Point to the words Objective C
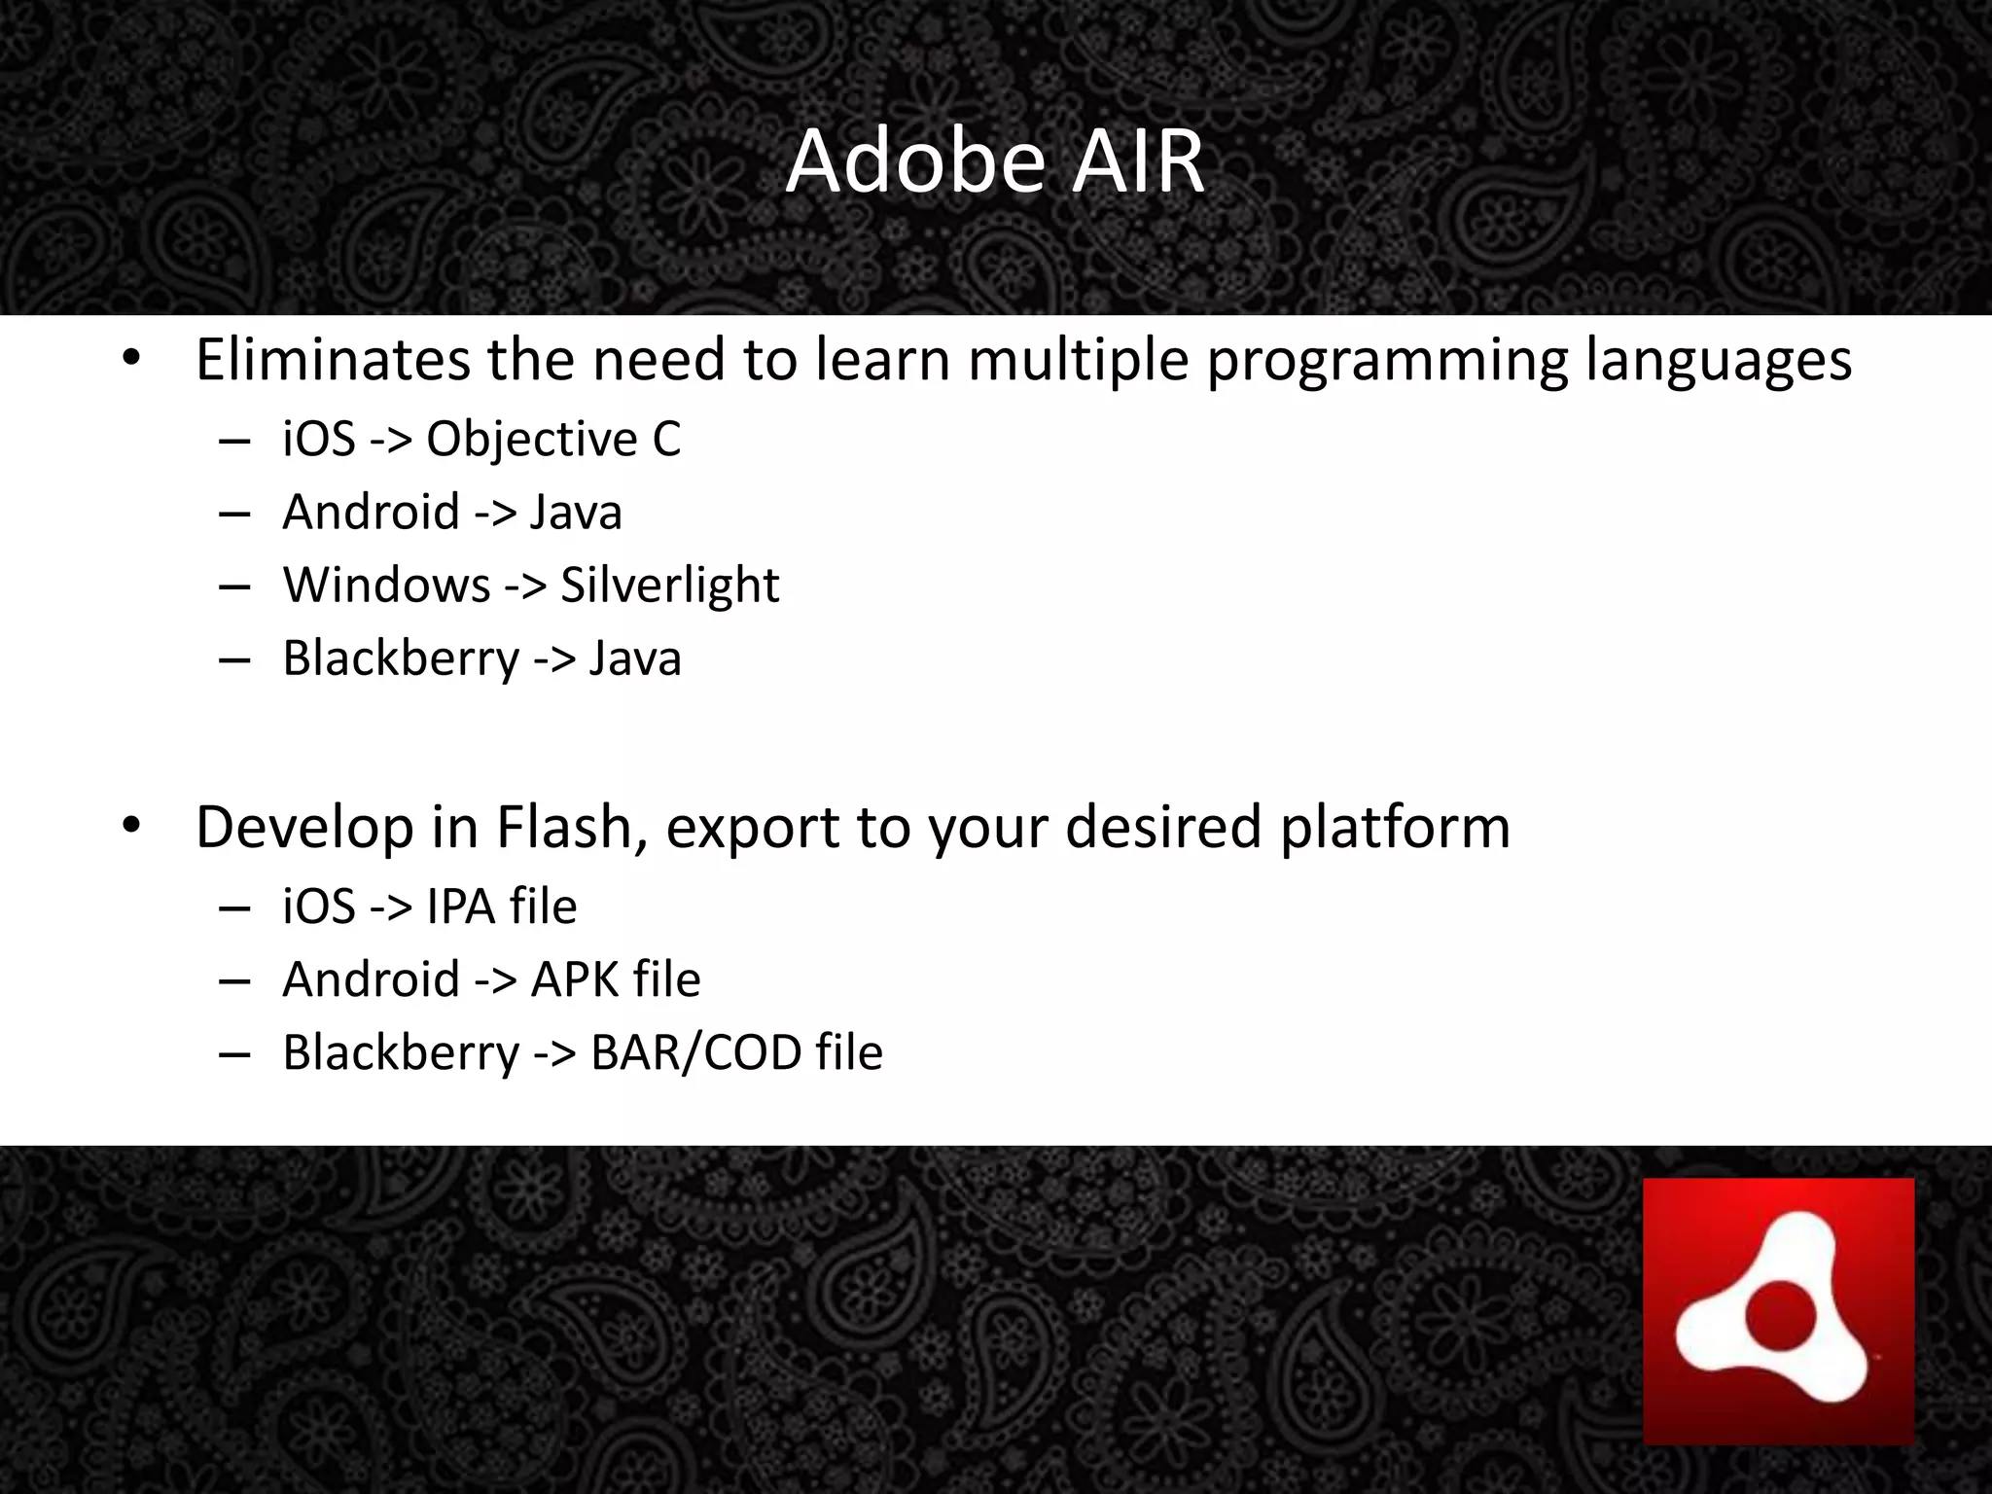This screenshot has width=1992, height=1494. click(553, 440)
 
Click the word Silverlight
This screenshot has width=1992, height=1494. click(669, 586)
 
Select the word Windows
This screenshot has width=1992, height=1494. click(386, 586)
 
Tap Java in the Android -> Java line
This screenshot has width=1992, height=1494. click(576, 513)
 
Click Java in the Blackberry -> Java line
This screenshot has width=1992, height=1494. click(635, 658)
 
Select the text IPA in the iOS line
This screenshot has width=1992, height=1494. click(461, 907)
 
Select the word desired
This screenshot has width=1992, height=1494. click(1163, 828)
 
